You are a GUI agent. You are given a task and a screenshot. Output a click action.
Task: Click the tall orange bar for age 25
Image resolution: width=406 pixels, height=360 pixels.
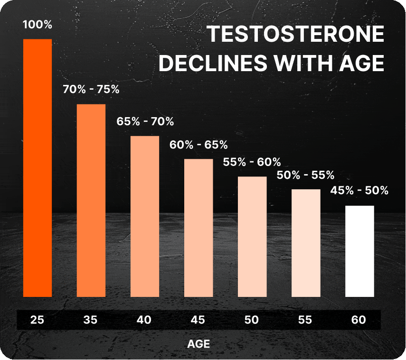click(x=38, y=168)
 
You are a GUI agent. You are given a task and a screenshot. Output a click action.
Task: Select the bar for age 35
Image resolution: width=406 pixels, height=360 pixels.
click(x=91, y=200)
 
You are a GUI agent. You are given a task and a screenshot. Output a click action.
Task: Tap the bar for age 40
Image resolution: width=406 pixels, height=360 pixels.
click(x=145, y=216)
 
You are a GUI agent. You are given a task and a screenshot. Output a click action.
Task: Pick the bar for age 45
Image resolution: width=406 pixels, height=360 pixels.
click(x=198, y=228)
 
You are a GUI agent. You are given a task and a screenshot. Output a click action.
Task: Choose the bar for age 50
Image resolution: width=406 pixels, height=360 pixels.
click(x=252, y=237)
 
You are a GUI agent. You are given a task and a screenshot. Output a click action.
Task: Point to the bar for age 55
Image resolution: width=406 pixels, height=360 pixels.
click(x=306, y=243)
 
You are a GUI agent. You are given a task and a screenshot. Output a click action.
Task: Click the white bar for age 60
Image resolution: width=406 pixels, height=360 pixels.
click(x=359, y=251)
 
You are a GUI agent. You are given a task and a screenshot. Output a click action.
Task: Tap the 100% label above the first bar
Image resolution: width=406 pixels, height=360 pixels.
click(x=38, y=25)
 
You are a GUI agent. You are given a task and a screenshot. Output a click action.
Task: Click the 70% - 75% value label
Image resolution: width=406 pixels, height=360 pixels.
click(x=91, y=89)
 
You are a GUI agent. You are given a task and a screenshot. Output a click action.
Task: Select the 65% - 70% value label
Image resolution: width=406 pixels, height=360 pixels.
click(x=145, y=121)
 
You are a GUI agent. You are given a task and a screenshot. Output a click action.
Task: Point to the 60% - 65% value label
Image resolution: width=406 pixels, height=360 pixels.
click(x=198, y=144)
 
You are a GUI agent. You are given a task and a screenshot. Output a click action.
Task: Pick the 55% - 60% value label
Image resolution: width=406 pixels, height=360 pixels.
click(x=252, y=162)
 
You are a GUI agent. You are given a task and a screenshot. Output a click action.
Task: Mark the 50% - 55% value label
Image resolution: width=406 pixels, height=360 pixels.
click(x=306, y=175)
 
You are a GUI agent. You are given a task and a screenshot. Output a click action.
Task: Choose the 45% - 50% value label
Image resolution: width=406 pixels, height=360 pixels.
click(x=359, y=191)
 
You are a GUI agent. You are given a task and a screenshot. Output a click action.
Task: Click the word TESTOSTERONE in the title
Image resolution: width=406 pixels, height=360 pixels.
click(x=296, y=35)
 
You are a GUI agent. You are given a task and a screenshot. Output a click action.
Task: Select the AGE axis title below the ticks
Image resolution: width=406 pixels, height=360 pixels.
click(x=198, y=343)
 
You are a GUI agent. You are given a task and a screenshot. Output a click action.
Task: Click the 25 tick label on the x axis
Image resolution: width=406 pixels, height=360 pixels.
click(x=38, y=320)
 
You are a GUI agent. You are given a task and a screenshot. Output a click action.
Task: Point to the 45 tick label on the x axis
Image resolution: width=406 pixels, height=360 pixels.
click(x=198, y=320)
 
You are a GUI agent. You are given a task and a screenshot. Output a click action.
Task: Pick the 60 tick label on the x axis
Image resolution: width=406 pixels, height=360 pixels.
click(x=359, y=320)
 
